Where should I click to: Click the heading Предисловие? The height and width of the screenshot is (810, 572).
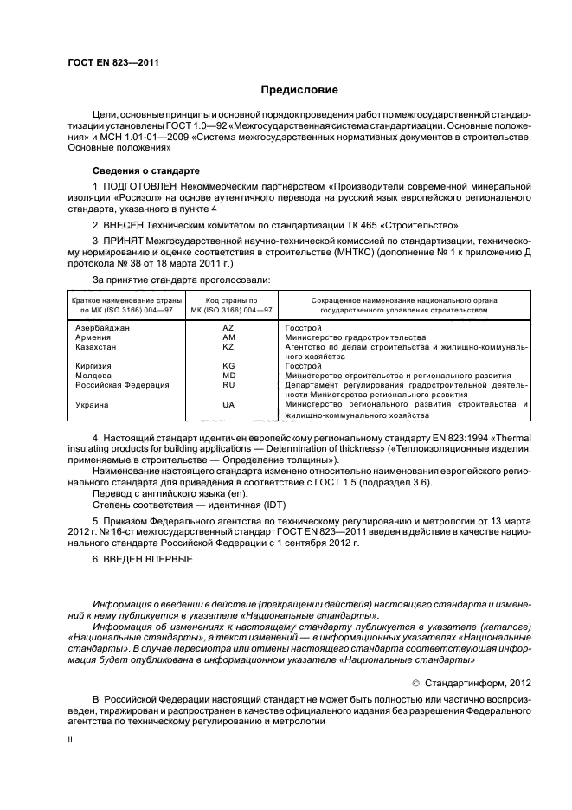(299, 90)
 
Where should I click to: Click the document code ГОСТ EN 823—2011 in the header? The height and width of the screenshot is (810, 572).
(112, 62)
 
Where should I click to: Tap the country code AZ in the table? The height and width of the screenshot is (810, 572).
(228, 329)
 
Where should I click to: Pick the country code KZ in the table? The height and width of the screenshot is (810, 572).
(228, 347)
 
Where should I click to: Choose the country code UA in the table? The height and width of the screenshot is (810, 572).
(228, 405)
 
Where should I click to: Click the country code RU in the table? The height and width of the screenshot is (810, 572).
(228, 385)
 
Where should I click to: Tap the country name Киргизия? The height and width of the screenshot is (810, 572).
(93, 366)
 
